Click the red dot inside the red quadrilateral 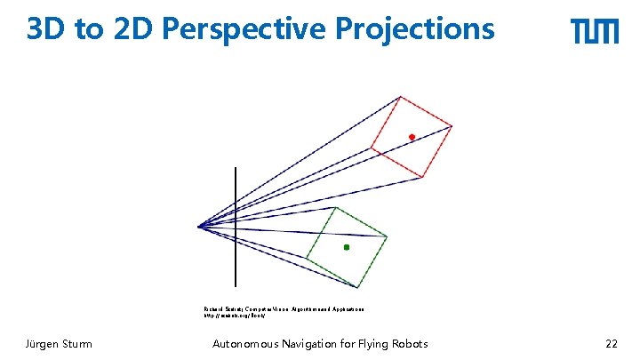pos(412,137)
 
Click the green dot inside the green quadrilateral pos(347,247)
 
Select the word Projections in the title pos(415,30)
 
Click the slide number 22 pos(611,344)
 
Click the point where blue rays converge pos(199,227)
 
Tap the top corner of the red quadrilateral pos(402,96)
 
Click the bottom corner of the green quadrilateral pos(358,287)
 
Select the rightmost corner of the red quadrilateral pos(452,126)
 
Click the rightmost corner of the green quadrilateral pos(388,236)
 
